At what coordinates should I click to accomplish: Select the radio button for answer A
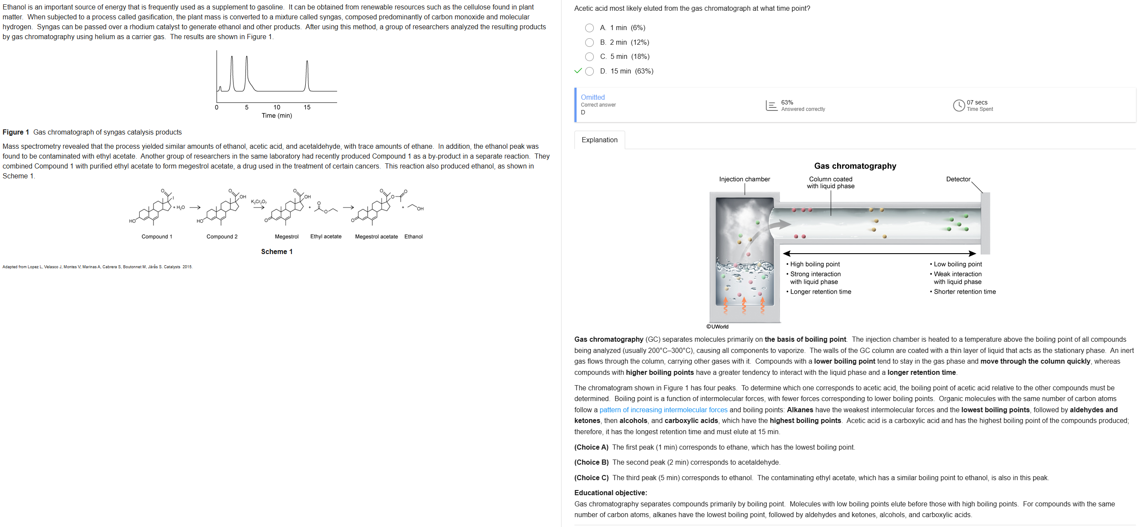pos(589,28)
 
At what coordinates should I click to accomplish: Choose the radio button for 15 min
pos(589,71)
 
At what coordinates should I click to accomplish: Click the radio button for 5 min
pos(589,57)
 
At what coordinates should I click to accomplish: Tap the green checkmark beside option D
pos(577,71)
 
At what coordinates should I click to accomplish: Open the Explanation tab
pos(599,140)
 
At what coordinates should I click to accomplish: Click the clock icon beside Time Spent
pos(958,105)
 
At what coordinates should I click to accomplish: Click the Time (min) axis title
pos(276,116)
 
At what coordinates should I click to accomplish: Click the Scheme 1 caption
pos(276,252)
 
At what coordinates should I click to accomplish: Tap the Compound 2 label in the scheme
pos(222,237)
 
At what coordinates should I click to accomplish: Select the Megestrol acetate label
pos(376,237)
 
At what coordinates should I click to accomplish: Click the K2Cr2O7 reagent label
pos(259,202)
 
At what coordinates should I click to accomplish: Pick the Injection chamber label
pos(744,179)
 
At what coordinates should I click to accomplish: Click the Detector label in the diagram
pos(958,179)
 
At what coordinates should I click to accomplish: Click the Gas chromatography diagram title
pos(855,166)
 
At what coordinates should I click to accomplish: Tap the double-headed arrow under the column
pos(879,254)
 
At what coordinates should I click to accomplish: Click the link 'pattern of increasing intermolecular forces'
pos(663,410)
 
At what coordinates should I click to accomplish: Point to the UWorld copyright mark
pos(717,327)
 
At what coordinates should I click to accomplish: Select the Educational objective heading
pos(611,493)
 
